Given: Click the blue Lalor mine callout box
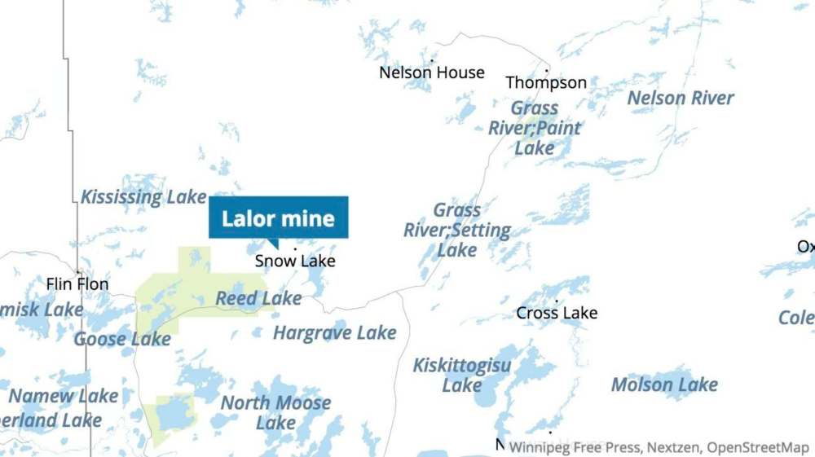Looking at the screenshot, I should (279, 218).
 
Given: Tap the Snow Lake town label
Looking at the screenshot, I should (295, 261).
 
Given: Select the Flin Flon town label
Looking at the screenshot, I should (77, 284).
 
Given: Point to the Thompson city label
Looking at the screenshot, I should (546, 82).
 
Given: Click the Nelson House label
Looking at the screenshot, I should (432, 73).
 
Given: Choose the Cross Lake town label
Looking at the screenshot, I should (557, 313).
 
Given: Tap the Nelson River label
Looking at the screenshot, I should (681, 98).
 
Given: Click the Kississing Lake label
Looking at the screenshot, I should (143, 197).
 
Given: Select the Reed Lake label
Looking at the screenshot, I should (258, 299).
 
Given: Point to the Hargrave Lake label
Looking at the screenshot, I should (335, 332).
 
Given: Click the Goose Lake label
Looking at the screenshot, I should (122, 338).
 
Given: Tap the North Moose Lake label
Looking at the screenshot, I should (275, 413).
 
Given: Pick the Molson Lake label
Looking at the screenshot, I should (664, 384).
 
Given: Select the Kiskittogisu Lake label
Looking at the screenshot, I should (462, 375).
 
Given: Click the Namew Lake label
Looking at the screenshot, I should (64, 396).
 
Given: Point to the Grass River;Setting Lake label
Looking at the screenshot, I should (457, 231).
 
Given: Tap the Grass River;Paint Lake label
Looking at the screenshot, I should (535, 128).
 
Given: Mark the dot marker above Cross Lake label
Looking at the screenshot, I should (557, 301).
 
